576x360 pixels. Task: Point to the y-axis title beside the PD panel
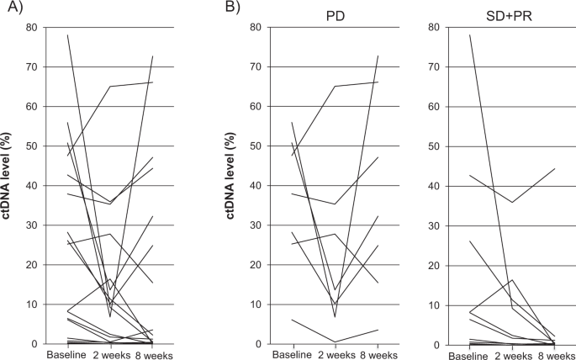click(x=231, y=185)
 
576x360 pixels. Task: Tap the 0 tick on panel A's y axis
click(x=34, y=344)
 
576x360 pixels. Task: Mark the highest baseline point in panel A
click(x=67, y=35)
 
